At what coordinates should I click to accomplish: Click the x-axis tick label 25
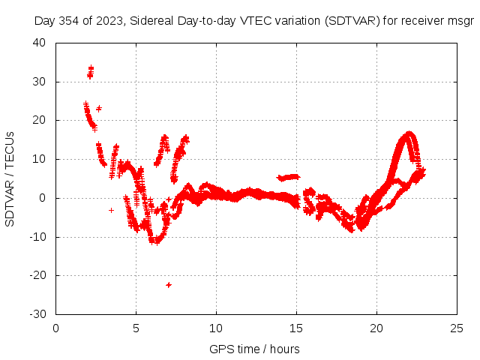(x=456, y=328)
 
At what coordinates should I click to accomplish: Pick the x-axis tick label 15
(x=296, y=328)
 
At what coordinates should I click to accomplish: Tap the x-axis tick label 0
(x=56, y=328)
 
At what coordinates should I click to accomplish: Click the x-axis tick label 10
(x=216, y=328)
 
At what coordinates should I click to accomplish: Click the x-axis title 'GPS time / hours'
(x=256, y=349)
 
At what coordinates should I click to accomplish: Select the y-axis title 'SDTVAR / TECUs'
(x=10, y=178)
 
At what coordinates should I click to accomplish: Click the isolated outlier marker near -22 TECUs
(x=169, y=285)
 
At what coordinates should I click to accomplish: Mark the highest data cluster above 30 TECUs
(x=90, y=72)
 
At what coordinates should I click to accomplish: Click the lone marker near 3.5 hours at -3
(x=112, y=210)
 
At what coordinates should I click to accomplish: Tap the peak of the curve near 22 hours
(x=409, y=134)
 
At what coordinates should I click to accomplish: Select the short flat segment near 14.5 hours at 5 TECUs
(x=289, y=177)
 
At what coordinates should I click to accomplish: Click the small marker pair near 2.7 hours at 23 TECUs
(x=99, y=109)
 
